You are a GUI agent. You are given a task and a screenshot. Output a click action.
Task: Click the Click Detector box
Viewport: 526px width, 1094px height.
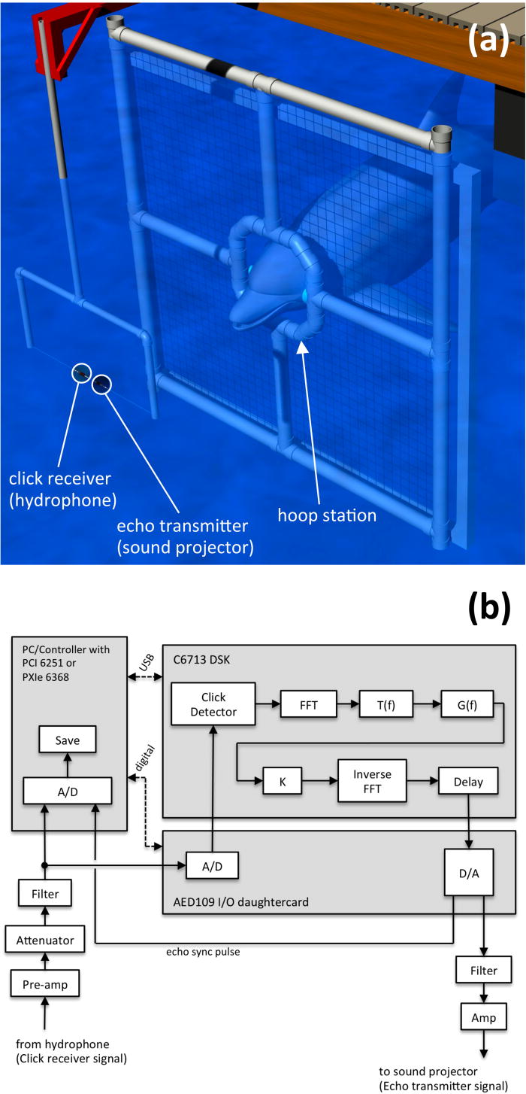pyautogui.click(x=213, y=704)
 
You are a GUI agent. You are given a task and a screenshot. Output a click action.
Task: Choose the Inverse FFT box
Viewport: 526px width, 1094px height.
pyautogui.click(x=370, y=782)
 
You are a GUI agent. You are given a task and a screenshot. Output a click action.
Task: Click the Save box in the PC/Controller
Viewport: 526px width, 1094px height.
pyautogui.click(x=68, y=740)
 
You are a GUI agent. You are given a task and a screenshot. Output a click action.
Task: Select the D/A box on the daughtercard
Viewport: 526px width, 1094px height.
pyautogui.click(x=470, y=872)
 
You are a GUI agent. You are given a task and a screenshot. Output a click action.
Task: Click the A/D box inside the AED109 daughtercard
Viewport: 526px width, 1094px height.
pyautogui.click(x=213, y=866)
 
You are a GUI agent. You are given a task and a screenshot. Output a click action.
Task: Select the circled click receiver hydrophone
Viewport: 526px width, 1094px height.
pyautogui.click(x=81, y=372)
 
